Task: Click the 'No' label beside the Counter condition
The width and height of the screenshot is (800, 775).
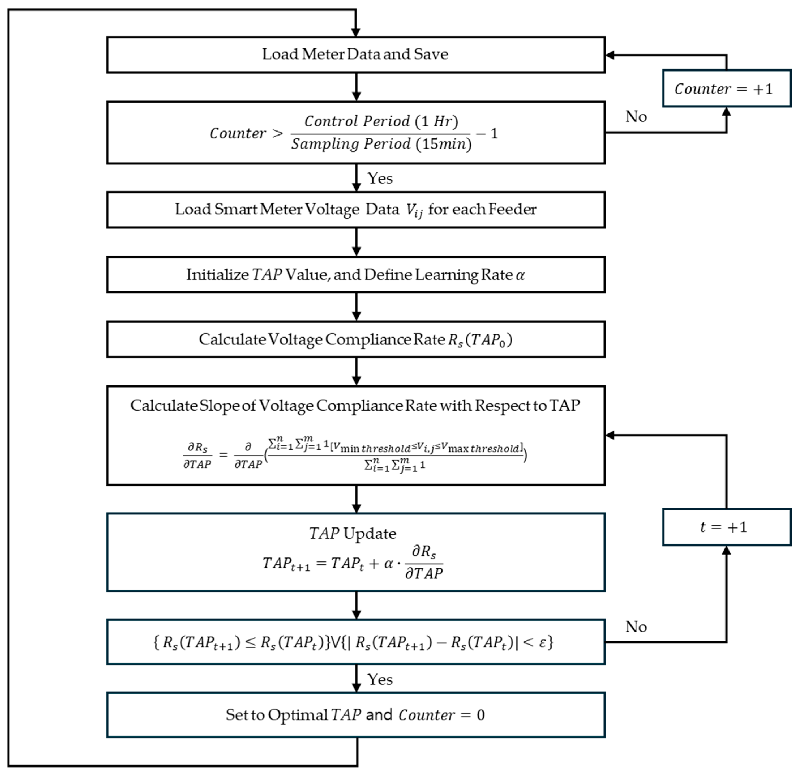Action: (636, 117)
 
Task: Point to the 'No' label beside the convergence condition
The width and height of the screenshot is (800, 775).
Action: (636, 627)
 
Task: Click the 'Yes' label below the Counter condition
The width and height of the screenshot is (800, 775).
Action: (380, 178)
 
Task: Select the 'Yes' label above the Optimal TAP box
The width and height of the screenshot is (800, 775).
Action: (380, 679)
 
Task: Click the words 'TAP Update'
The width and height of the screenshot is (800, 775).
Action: (353, 533)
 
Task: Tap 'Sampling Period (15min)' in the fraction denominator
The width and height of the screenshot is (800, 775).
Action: (381, 144)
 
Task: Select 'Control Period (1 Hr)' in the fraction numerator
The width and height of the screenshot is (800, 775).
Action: (381, 121)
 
